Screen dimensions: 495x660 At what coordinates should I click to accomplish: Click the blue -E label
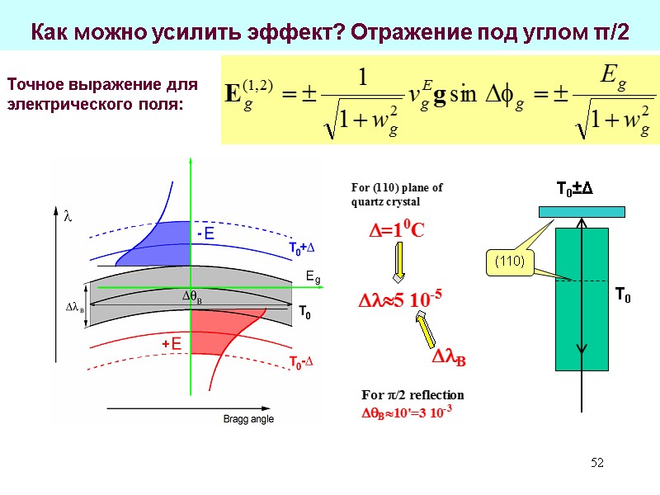pyautogui.click(x=205, y=235)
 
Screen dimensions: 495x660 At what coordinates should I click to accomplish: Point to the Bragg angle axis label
pyautogui.click(x=248, y=419)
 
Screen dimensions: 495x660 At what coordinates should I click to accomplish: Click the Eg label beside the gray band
pyautogui.click(x=313, y=278)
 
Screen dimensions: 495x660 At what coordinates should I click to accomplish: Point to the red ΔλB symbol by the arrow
pyautogui.click(x=449, y=359)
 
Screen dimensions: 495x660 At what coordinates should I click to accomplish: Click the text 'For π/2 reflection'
pyautogui.click(x=412, y=394)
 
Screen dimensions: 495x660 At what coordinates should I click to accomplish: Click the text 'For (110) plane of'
pyautogui.click(x=397, y=187)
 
